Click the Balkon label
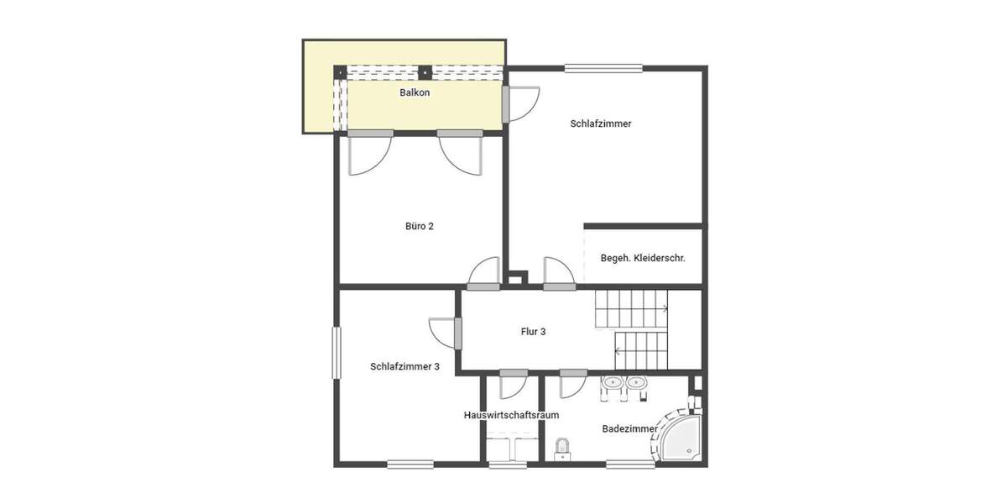click(x=414, y=92)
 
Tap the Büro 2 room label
click(x=419, y=226)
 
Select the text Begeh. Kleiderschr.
click(x=643, y=258)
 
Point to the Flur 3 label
click(x=533, y=332)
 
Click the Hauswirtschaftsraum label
click(x=511, y=415)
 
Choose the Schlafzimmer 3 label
click(x=404, y=366)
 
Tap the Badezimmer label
click(x=629, y=429)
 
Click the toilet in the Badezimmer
click(x=563, y=448)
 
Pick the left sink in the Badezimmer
click(x=612, y=384)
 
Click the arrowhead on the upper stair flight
click(x=665, y=308)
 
